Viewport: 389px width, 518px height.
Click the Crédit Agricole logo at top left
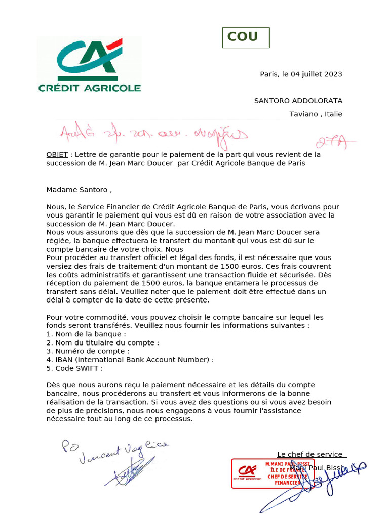[x=90, y=65]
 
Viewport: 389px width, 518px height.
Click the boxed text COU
[x=246, y=37]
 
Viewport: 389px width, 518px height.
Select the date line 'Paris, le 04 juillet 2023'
[x=301, y=74]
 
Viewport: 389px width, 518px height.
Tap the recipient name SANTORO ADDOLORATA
[x=298, y=101]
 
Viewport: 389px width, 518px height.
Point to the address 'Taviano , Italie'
[x=316, y=114]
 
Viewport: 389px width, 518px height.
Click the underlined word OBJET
[x=57, y=154]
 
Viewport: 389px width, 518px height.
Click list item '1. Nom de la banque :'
[x=86, y=334]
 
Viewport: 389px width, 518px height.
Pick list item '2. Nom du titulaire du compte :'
[x=102, y=342]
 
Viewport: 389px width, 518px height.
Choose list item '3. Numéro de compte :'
[x=88, y=351]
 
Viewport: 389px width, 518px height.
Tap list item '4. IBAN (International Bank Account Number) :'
[x=130, y=359]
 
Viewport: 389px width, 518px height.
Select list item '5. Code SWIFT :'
[x=74, y=368]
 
